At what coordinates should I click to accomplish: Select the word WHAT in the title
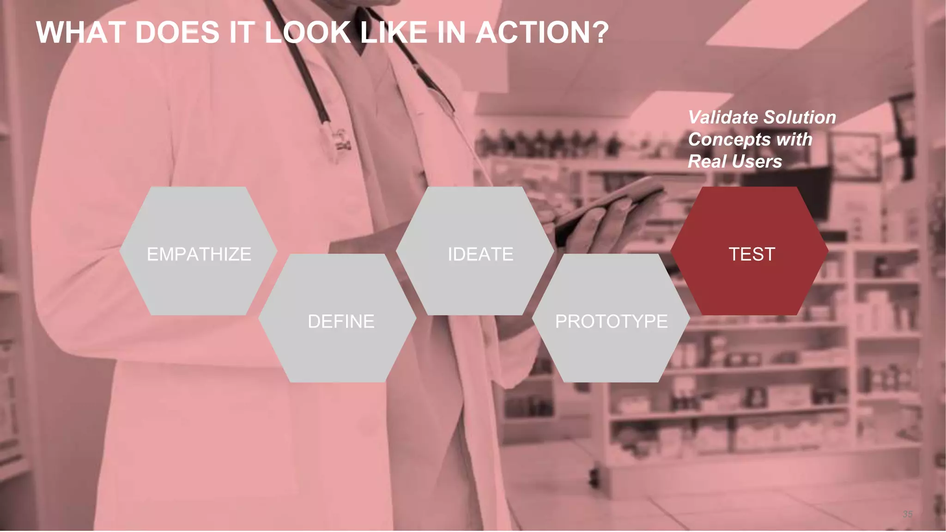point(81,33)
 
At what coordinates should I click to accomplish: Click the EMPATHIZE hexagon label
point(199,254)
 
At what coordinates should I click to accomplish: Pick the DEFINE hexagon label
point(341,321)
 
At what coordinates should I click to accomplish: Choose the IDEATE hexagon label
point(480,254)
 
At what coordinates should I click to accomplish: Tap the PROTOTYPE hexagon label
point(611,321)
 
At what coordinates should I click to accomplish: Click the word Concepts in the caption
point(730,139)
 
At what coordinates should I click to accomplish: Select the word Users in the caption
point(762,162)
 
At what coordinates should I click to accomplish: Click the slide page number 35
point(907,514)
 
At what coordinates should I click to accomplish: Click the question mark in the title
point(600,33)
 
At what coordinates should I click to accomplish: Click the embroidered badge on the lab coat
point(342,141)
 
